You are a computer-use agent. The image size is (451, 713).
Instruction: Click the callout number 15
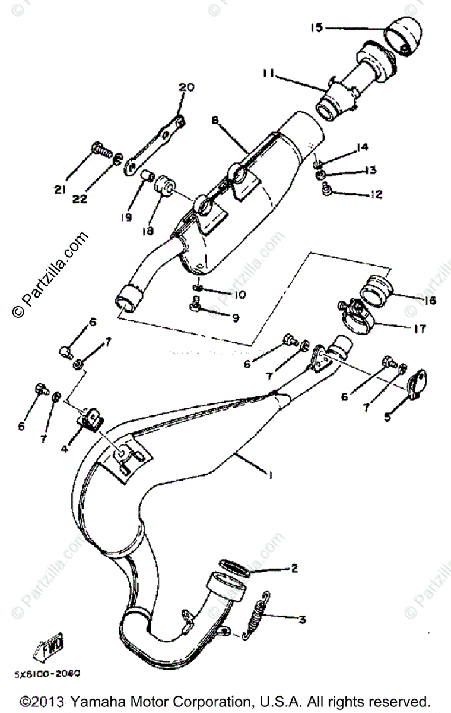(316, 27)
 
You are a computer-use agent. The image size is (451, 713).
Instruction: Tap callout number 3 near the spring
(302, 620)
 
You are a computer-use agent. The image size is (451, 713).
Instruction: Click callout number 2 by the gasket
(293, 568)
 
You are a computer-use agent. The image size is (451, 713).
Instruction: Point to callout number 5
(387, 417)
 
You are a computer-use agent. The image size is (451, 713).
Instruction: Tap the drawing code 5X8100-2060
(47, 674)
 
